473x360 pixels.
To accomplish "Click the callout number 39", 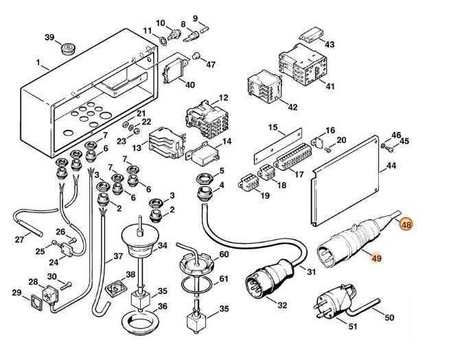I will [49, 37].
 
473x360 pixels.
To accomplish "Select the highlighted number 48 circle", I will [406, 224].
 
